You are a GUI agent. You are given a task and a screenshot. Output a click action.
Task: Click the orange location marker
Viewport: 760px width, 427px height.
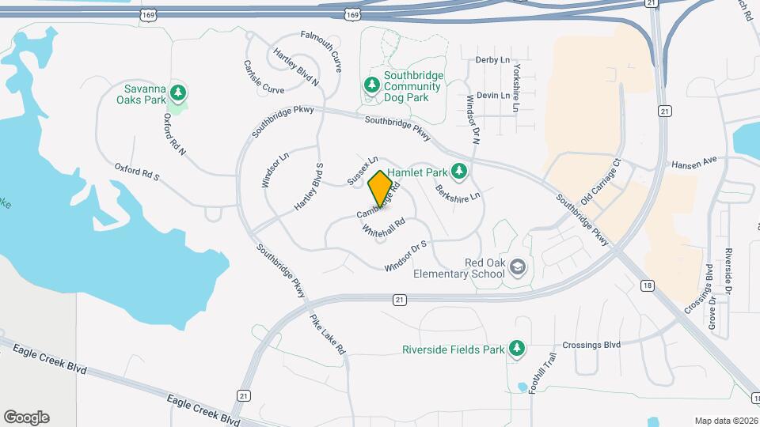pyautogui.click(x=381, y=189)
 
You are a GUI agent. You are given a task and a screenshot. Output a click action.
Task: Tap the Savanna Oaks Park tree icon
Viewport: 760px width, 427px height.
pyautogui.click(x=180, y=93)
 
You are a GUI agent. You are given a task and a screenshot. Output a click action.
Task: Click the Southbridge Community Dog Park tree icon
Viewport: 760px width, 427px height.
pyautogui.click(x=370, y=84)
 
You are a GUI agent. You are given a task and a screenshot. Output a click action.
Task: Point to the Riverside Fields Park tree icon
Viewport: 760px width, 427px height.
pyautogui.click(x=517, y=349)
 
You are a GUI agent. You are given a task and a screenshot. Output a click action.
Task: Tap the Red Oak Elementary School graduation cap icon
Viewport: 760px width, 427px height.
pyautogui.click(x=518, y=268)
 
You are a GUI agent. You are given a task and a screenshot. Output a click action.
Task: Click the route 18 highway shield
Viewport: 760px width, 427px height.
pyautogui.click(x=648, y=285)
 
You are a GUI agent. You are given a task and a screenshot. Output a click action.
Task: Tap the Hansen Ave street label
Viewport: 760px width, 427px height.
pyautogui.click(x=693, y=162)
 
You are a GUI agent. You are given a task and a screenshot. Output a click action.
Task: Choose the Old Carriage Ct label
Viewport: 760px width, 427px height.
pyautogui.click(x=602, y=182)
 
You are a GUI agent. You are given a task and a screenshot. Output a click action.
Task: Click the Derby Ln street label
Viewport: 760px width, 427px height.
pyautogui.click(x=492, y=60)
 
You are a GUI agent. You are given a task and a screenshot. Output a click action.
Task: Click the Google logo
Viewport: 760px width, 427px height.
pyautogui.click(x=27, y=417)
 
